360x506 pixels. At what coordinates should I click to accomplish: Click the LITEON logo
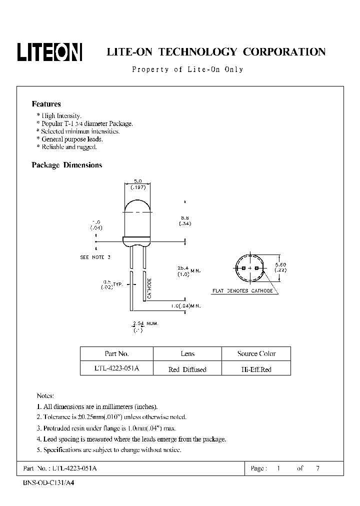[x=50, y=51]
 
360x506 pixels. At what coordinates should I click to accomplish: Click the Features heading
[x=46, y=104]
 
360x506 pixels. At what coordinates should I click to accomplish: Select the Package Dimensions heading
[x=66, y=165]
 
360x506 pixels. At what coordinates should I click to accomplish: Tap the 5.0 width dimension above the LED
[x=137, y=180]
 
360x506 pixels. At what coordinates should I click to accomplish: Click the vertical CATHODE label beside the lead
[x=149, y=288]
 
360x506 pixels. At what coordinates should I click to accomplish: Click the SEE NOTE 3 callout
[x=94, y=257]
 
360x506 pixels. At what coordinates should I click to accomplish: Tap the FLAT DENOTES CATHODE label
[x=242, y=290]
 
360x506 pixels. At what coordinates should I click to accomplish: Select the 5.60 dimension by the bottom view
[x=281, y=264]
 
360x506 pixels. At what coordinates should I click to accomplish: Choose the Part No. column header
[x=117, y=353]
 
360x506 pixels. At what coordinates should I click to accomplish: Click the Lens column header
[x=187, y=353]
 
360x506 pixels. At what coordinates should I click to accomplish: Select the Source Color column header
[x=256, y=353]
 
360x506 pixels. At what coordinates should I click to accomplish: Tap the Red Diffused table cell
[x=187, y=369]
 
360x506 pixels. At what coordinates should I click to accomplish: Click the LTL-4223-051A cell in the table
[x=117, y=369]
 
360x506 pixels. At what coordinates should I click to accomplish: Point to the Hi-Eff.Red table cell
[x=256, y=369]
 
